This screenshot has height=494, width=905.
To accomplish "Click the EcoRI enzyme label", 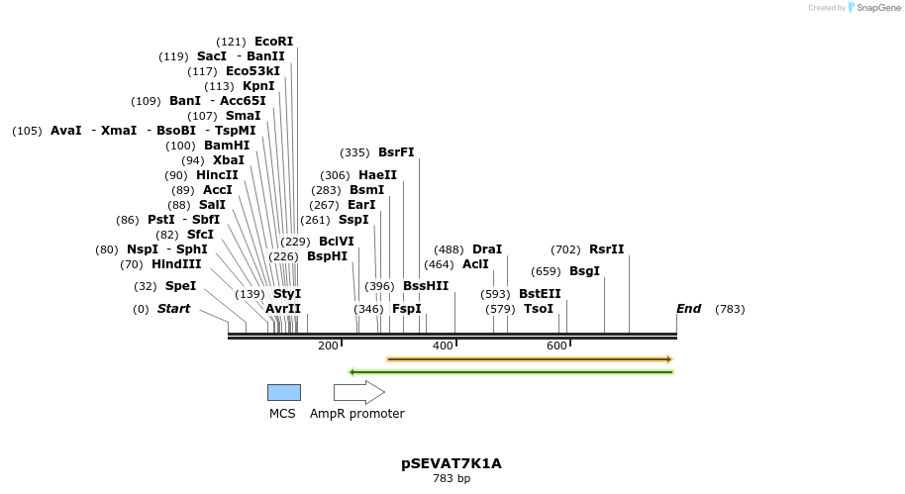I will pyautogui.click(x=273, y=42).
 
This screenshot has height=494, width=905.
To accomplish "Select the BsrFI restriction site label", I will pyautogui.click(x=396, y=152).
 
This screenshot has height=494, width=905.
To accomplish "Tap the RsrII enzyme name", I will pyautogui.click(x=606, y=249).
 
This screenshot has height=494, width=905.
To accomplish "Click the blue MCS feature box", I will pyautogui.click(x=283, y=393).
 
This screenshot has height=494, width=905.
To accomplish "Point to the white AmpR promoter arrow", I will pyautogui.click(x=358, y=393).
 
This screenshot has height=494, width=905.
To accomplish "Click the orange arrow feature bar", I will pyautogui.click(x=530, y=359).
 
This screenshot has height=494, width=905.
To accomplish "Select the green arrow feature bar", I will pyautogui.click(x=511, y=372).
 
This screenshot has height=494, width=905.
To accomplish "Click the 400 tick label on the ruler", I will pyautogui.click(x=443, y=346).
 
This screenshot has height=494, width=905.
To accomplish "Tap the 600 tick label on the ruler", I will pyautogui.click(x=556, y=346).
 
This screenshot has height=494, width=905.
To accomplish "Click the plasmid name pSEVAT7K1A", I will pyautogui.click(x=452, y=463).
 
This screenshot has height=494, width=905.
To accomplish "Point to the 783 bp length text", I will pyautogui.click(x=452, y=479).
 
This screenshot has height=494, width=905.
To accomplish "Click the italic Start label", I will pyautogui.click(x=173, y=309).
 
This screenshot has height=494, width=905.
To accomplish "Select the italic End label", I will pyautogui.click(x=688, y=309).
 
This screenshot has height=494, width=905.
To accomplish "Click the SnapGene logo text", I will pyautogui.click(x=876, y=8).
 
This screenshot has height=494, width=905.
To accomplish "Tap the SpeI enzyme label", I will pyautogui.click(x=180, y=286).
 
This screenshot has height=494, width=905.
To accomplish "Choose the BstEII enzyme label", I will pyautogui.click(x=540, y=294).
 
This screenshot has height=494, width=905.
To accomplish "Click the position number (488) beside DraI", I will pyautogui.click(x=450, y=249).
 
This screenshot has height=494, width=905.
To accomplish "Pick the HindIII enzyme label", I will pyautogui.click(x=176, y=264).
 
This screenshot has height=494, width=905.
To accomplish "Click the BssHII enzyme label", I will pyautogui.click(x=426, y=286).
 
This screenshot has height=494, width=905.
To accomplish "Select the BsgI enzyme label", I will pyautogui.click(x=584, y=271).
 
